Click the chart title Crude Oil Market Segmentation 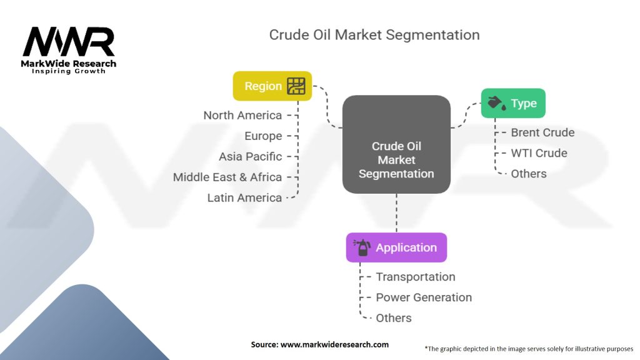tap(374, 34)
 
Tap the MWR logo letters tap(69, 42)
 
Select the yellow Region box tap(272, 86)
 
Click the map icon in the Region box tap(296, 86)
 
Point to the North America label tap(242, 115)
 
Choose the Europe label tap(263, 136)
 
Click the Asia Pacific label tap(250, 156)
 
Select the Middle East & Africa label tap(227, 177)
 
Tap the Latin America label tap(244, 197)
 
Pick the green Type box tap(513, 103)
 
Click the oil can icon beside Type tap(496, 103)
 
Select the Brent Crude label tap(542, 132)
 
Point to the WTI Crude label tap(539, 153)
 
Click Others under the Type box tap(529, 174)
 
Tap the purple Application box tap(396, 247)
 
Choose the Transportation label tap(416, 277)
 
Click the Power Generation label tap(424, 297)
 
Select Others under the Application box tap(394, 318)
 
